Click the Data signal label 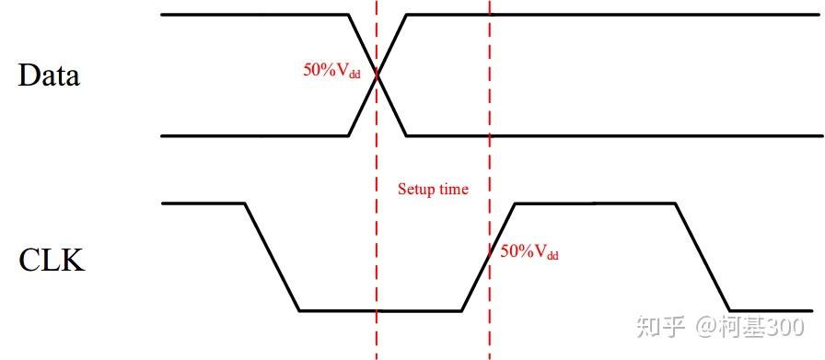49,75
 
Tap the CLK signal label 52,261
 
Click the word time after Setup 453,190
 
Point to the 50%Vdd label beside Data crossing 331,70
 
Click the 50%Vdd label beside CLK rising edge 529,251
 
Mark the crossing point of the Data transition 378,75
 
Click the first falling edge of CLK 272,256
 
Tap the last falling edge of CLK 703,256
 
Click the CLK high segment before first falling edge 203,203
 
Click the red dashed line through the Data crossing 377,230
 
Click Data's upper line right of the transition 608,15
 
